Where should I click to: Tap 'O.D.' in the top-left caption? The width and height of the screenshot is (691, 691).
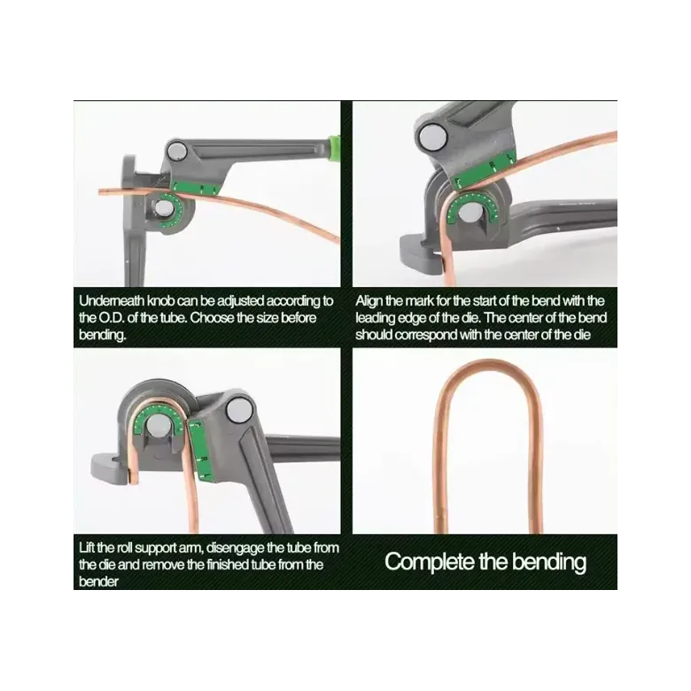point(105,318)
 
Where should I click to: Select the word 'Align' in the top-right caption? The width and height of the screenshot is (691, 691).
point(369,302)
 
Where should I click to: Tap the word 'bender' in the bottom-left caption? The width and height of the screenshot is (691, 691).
point(98,582)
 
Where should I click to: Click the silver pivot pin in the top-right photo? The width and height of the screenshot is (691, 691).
point(432,137)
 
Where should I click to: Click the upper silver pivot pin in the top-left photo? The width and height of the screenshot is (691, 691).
point(177,151)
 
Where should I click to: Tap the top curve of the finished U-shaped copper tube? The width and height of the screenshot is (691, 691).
point(487,364)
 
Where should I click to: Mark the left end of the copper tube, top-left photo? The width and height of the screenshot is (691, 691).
point(100,192)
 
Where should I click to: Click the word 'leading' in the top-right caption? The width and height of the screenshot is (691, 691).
point(375,319)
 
